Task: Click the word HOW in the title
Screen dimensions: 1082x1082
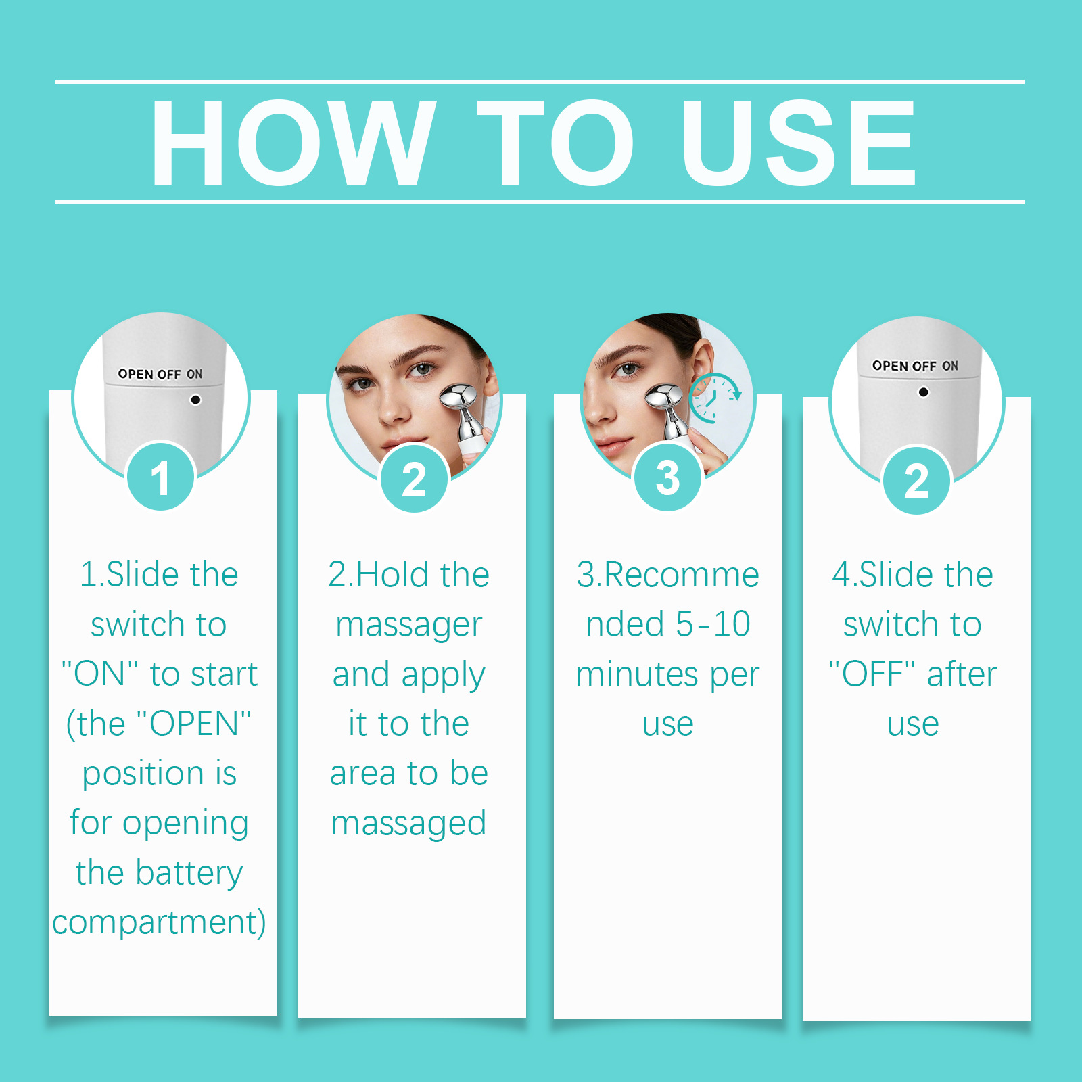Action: pos(293,142)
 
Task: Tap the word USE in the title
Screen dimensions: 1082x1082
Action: pos(798,142)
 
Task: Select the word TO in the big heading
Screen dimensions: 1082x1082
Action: pos(555,142)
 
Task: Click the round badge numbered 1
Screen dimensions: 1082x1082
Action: pos(161,477)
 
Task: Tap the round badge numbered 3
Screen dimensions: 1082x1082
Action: pos(667,477)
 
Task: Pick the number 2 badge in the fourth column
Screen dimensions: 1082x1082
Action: pos(917,481)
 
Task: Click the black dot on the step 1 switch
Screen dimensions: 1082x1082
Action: pos(195,400)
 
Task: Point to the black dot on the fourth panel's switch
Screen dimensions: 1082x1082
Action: pos(923,392)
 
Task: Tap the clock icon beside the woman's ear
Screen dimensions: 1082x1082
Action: pos(715,398)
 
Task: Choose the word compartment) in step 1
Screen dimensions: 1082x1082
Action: pos(160,922)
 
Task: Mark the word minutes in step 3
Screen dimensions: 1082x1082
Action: pos(637,674)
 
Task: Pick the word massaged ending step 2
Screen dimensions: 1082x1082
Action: pos(409,824)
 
